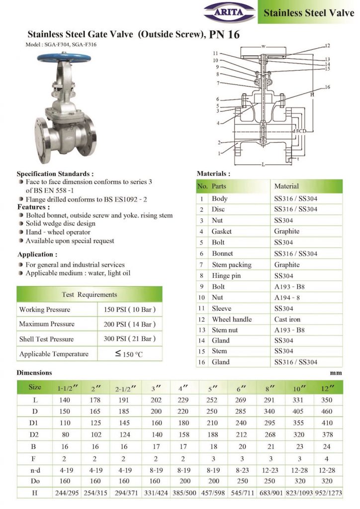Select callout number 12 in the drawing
(327, 46)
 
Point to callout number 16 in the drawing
(327, 87)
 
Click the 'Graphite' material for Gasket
(287, 231)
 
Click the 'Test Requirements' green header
(90, 294)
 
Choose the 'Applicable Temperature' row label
(54, 354)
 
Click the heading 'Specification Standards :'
(55, 174)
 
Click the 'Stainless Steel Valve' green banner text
(309, 12)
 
